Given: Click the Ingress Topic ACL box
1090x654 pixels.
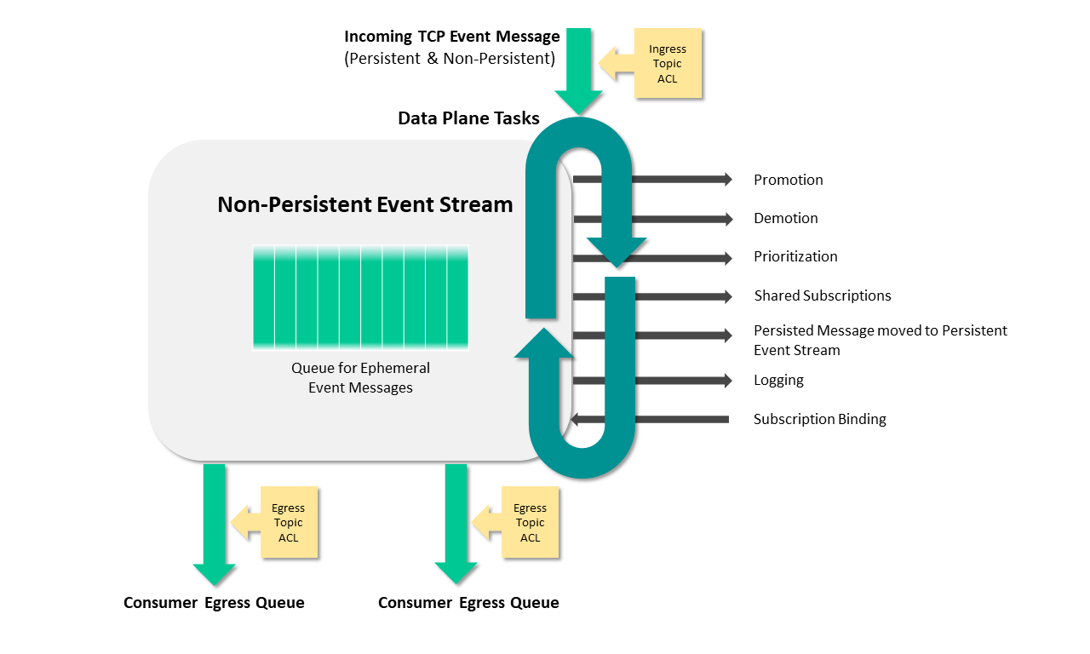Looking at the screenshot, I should pos(668,64).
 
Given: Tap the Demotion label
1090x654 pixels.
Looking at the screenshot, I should pos(785,218).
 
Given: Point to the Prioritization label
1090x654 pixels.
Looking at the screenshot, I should pos(795,256).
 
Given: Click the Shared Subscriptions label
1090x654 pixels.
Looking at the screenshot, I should pos(822,295).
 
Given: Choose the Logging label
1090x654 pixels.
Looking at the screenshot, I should pos(778,380).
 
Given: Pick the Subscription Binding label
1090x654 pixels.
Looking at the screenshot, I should pos(819,419).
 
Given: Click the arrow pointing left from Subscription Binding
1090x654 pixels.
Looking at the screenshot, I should pos(651,419).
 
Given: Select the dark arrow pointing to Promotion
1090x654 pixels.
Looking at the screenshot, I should pos(652,179).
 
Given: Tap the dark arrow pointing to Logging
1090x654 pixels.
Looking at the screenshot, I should pos(652,381).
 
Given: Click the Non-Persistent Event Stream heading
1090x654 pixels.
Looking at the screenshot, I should pos(365,204).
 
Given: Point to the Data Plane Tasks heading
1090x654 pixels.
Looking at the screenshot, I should pos(468,118).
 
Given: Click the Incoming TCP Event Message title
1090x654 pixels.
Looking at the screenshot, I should pos(452,37).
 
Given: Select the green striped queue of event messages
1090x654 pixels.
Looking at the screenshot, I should pos(360,296).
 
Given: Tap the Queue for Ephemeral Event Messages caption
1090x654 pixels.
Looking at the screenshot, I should pos(360,378).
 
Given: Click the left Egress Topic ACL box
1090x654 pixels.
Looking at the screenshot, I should pos(289,523).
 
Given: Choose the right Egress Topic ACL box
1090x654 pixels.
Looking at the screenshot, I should pos(530,523).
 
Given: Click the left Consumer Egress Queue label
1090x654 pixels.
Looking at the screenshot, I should pos(214,603).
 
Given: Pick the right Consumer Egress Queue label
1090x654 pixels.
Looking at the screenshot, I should pos(468,603).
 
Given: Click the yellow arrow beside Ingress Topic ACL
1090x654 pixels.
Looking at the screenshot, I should pos(617,64).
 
